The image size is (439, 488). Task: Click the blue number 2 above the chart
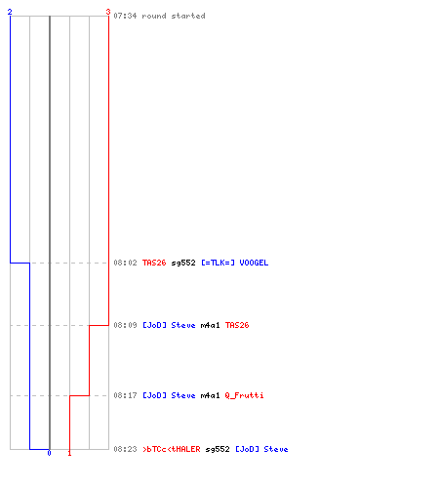[x=10, y=12]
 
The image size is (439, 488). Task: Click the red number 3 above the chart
[x=108, y=12]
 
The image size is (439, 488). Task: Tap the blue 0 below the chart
[x=49, y=453]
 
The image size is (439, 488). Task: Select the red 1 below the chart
[x=69, y=453]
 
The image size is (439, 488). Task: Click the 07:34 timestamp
[x=125, y=16]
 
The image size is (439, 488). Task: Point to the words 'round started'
[x=174, y=16]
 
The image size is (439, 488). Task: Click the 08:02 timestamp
[x=125, y=263]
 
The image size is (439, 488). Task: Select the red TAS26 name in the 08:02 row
[x=154, y=263]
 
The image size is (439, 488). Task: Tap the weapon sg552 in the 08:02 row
[x=183, y=263]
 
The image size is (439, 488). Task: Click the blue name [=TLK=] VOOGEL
[x=235, y=263]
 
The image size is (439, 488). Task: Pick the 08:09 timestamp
[x=125, y=325]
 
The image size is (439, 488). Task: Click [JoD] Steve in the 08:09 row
[x=169, y=325]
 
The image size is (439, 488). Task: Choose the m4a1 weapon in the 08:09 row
[x=210, y=325]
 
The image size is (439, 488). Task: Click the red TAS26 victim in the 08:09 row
[x=237, y=325]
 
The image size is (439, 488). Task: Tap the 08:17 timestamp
[x=125, y=395]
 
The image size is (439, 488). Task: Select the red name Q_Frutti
[x=244, y=395]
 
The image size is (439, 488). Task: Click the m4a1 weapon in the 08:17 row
[x=210, y=395]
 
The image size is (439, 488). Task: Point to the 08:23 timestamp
[x=125, y=449]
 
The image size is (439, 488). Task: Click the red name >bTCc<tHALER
[x=172, y=449]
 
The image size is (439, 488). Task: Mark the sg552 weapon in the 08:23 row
[x=218, y=449]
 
